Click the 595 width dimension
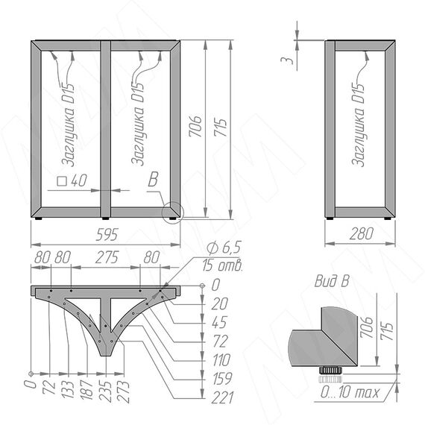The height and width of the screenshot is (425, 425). [x=107, y=235]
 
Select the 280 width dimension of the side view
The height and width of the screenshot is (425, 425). [x=362, y=233]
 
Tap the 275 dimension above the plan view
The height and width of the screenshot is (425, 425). [x=107, y=257]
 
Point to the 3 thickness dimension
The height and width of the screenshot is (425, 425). [x=287, y=60]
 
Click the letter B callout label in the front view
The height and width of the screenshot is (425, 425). [x=153, y=179]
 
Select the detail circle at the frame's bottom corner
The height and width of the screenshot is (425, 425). [x=173, y=212]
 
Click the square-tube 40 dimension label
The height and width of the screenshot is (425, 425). [x=72, y=180]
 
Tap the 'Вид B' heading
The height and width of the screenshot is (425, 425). [x=332, y=281]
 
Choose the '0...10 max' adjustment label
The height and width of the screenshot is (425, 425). [x=350, y=392]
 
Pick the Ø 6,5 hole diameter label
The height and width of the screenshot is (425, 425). [x=224, y=248]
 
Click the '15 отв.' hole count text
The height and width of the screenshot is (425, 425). [x=222, y=265]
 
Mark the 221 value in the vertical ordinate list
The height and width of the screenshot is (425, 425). [x=222, y=397]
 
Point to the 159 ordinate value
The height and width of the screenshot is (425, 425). [x=222, y=379]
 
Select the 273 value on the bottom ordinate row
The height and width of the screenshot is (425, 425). [x=123, y=391]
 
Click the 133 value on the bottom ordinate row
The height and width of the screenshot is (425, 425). [x=68, y=390]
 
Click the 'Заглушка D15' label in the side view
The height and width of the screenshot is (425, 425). [x=359, y=125]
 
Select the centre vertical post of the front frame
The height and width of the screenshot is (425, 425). [x=105, y=130]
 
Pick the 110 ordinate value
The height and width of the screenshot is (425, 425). [x=221, y=360]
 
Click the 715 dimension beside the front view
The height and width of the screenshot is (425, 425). [x=221, y=127]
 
